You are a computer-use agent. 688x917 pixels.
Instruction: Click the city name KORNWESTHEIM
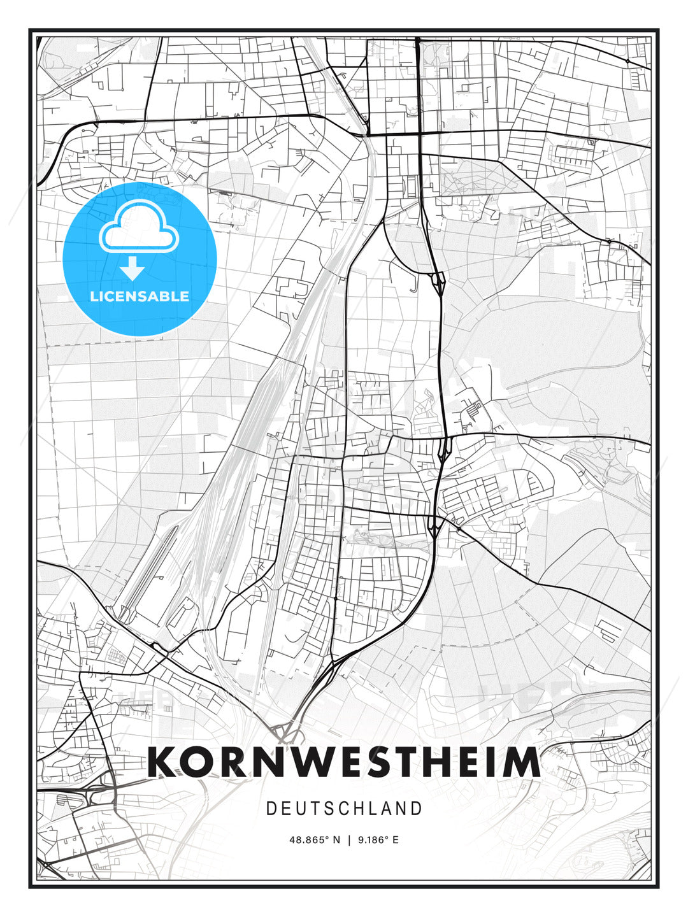343,762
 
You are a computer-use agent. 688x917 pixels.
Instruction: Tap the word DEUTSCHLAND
344,809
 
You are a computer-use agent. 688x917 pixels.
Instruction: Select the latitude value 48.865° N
315,840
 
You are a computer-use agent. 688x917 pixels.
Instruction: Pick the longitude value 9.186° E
378,840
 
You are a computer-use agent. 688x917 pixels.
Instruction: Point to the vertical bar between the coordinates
349,840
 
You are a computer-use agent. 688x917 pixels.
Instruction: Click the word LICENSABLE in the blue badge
140,296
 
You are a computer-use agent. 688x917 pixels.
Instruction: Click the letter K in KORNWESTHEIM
164,762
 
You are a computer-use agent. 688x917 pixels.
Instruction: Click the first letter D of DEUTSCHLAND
271,809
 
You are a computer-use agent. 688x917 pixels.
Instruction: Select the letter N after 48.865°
336,840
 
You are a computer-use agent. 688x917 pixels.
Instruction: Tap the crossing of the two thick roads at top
419,133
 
